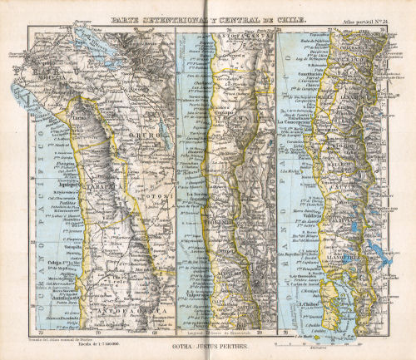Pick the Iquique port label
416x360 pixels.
[x=67, y=185]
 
